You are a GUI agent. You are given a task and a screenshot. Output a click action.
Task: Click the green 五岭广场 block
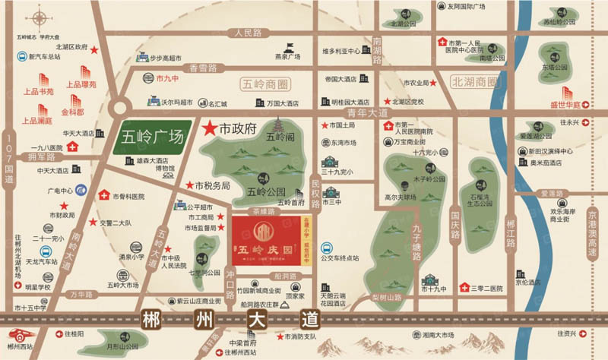152,138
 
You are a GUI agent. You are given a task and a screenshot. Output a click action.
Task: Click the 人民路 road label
248,33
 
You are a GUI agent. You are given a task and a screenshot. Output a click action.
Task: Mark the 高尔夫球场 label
401,197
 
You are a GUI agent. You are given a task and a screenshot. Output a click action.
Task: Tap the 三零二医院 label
486,289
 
